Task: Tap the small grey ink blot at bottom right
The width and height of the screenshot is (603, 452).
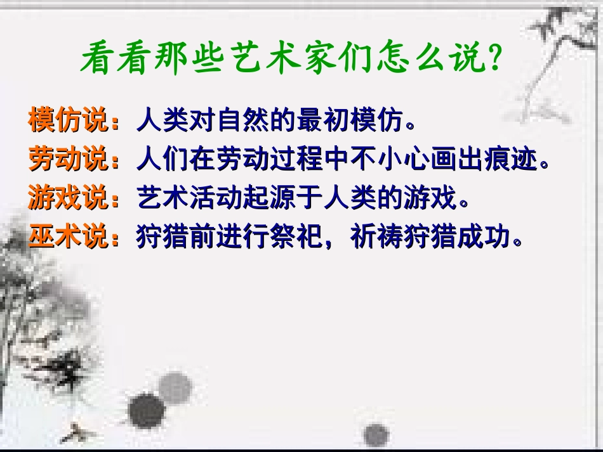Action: click(376, 435)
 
